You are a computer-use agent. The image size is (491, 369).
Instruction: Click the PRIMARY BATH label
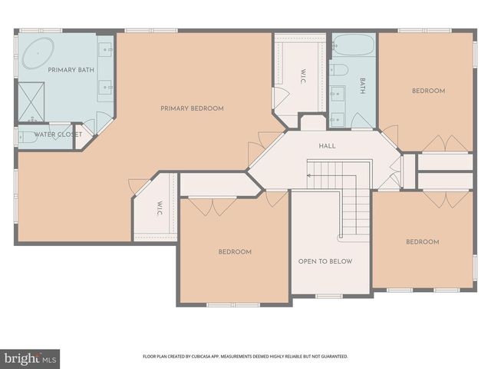coord(70,70)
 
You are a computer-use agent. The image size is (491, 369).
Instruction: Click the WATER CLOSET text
coord(58,134)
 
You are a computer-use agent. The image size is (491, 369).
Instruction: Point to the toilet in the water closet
coord(25,138)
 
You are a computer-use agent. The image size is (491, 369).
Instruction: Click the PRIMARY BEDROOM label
coord(192,108)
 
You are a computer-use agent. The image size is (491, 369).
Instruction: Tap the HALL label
coord(328,145)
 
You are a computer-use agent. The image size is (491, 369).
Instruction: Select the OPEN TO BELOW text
coord(325,261)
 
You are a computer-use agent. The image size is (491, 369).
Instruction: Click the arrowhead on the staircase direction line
coord(309,175)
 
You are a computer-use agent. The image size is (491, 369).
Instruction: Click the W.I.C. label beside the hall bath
coord(304,76)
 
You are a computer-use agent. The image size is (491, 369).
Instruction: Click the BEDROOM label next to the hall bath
coord(428,91)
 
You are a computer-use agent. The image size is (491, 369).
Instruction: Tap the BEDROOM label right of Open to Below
coord(423,242)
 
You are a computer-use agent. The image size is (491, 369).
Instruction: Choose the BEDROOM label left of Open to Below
coord(234,252)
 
